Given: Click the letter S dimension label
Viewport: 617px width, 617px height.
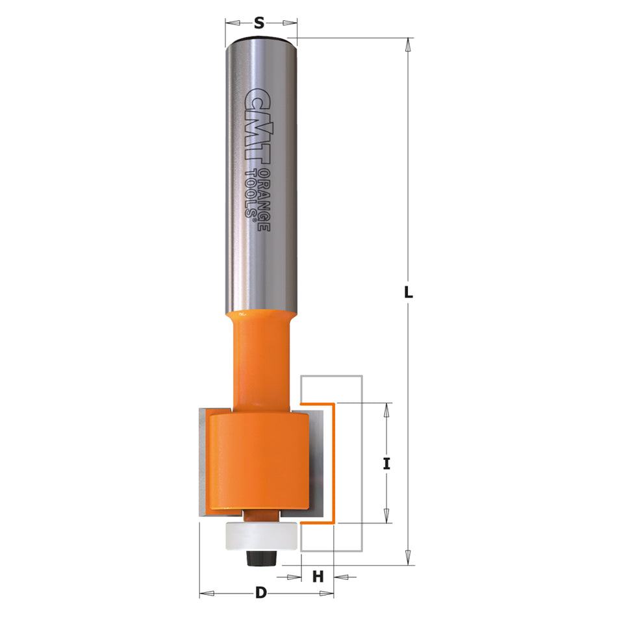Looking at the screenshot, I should click(259, 24).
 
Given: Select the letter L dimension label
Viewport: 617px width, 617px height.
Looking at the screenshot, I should click(408, 294).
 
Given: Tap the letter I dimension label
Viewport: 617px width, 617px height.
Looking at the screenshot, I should click(387, 464).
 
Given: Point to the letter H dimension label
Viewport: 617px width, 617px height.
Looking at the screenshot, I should click(318, 576).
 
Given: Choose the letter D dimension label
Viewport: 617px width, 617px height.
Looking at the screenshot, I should click(260, 592).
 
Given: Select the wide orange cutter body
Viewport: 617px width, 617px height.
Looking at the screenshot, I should click(260, 461).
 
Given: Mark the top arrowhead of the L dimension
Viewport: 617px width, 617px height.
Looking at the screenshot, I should click(408, 44).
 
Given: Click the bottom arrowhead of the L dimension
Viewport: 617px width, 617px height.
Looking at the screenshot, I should click(408, 558).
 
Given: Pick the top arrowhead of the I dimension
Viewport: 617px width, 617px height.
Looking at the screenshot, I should click(387, 409).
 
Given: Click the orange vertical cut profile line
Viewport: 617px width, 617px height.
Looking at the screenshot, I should click(334, 462).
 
